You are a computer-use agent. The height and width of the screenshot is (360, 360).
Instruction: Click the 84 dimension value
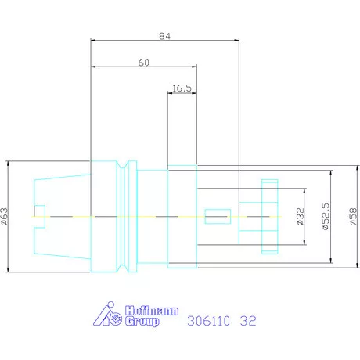[x=165, y=36]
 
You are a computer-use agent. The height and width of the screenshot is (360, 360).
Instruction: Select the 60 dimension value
[x=144, y=63]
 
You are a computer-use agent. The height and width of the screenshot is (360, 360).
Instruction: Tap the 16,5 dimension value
[x=182, y=88]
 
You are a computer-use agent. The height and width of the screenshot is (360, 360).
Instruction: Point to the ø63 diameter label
[x=5, y=217]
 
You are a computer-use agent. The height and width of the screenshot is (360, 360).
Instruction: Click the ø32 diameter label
[x=301, y=217]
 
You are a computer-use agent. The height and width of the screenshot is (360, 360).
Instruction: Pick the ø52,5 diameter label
[x=326, y=217]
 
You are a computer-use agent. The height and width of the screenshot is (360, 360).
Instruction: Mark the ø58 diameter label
[x=353, y=217]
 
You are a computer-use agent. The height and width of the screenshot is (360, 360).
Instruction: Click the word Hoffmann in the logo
[x=152, y=311]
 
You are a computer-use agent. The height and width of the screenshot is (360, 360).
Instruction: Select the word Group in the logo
[x=142, y=321]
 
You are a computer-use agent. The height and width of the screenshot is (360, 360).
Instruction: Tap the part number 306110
[x=209, y=321]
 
